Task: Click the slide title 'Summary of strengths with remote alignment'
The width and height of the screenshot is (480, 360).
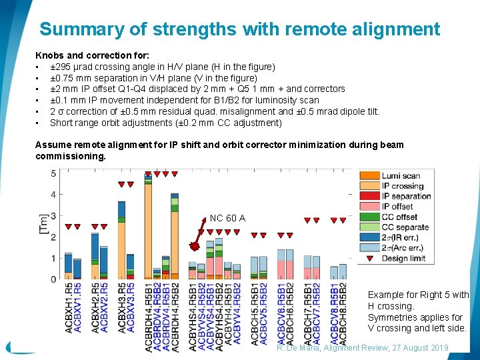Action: [x=239, y=29]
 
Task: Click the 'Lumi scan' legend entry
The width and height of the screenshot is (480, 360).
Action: [x=401, y=176]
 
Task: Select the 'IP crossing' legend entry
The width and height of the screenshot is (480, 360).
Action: [x=402, y=186]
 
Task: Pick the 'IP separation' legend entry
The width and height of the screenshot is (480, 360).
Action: [x=406, y=196]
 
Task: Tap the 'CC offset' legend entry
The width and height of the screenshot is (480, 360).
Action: [x=399, y=217]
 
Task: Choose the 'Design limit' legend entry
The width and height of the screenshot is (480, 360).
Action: [x=403, y=258]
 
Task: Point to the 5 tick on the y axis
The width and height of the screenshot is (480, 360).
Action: [x=53, y=173]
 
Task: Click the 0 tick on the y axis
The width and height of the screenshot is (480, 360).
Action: [x=53, y=279]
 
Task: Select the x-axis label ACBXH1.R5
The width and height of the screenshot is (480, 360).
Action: [x=69, y=307]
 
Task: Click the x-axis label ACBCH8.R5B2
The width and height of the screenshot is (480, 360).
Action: [x=343, y=313]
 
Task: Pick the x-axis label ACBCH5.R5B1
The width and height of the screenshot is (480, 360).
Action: [x=255, y=313]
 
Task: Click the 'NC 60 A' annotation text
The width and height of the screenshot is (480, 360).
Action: [x=227, y=218]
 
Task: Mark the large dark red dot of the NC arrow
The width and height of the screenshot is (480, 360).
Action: [x=193, y=247]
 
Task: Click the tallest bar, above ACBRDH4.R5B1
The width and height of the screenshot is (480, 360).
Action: [x=148, y=227]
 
